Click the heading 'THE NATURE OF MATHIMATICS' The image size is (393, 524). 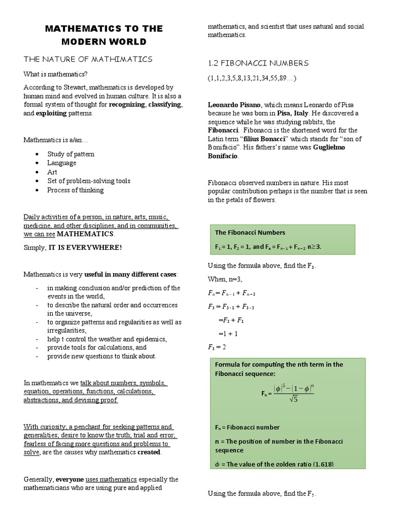click(x=88, y=59)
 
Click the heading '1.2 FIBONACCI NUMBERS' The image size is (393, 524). click(x=258, y=63)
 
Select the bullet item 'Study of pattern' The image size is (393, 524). click(x=71, y=154)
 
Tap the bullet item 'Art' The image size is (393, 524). click(x=52, y=172)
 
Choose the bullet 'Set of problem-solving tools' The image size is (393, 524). click(x=89, y=181)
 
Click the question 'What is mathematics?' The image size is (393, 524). click(x=55, y=74)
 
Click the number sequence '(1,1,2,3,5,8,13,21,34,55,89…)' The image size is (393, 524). click(x=252, y=78)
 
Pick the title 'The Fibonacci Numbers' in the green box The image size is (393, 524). click(x=250, y=232)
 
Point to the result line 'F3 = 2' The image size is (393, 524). click(x=217, y=347)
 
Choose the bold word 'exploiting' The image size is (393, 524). click(x=51, y=113)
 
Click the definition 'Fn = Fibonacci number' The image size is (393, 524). click(x=247, y=427)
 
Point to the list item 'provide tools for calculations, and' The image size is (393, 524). click(x=97, y=347)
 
